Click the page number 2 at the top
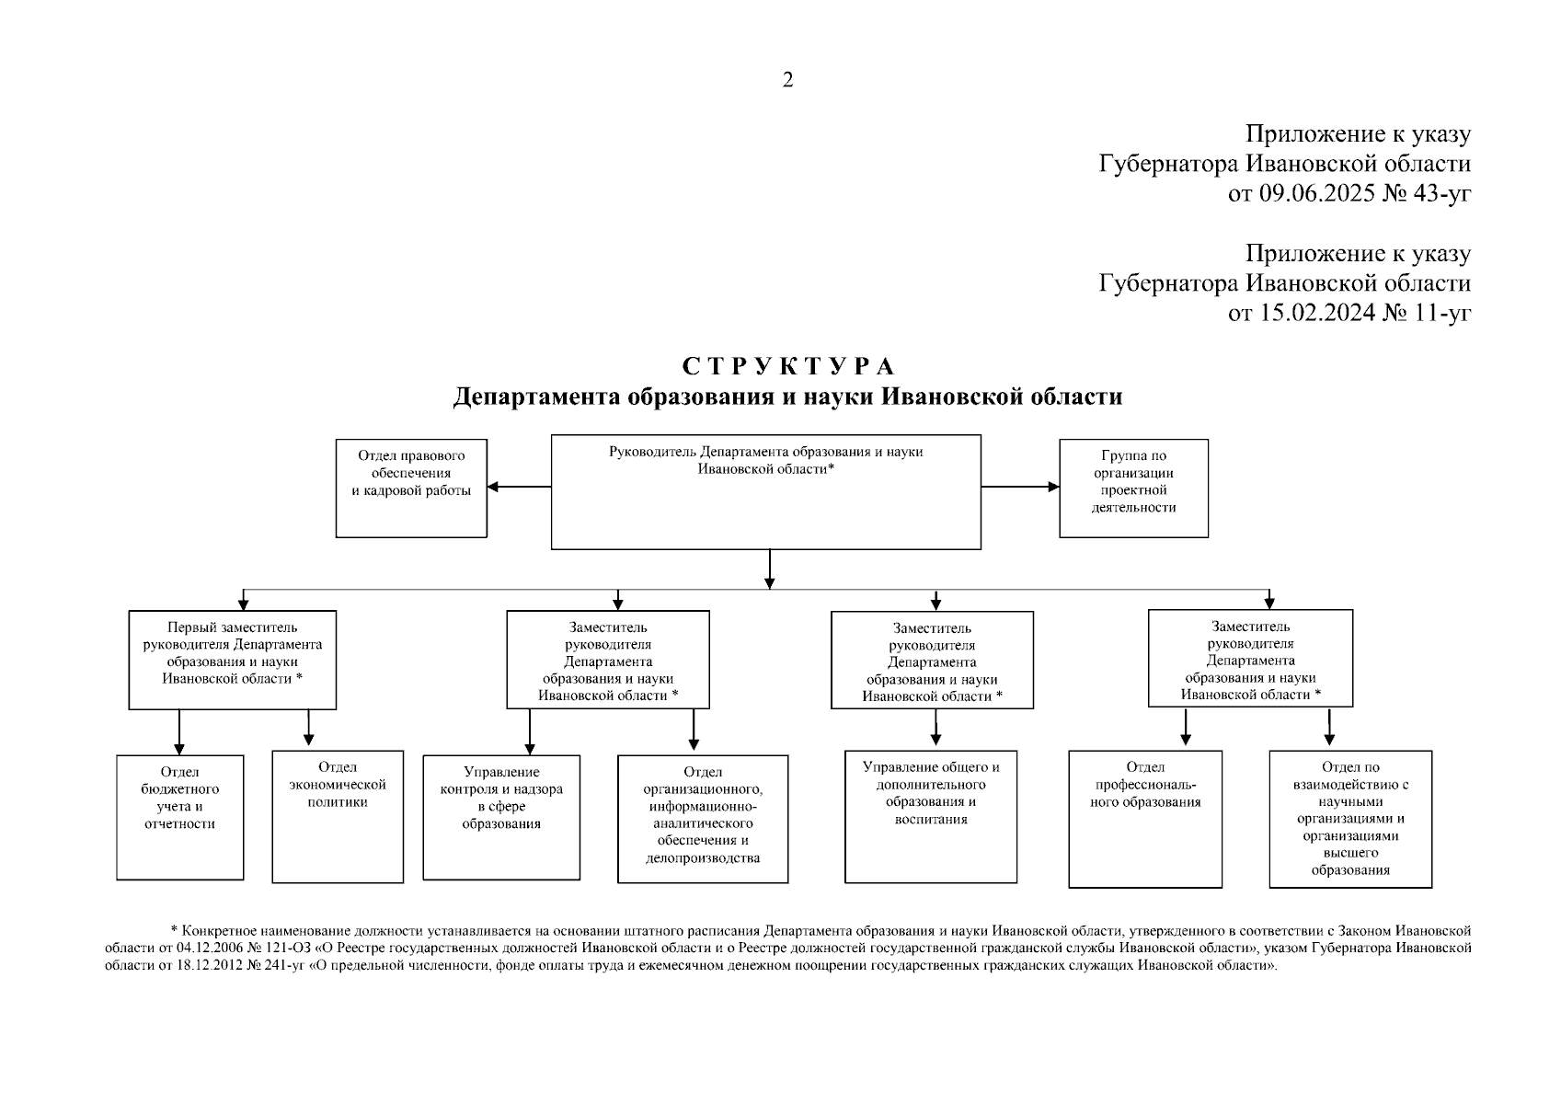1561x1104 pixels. click(x=787, y=80)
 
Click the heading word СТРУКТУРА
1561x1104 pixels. click(x=788, y=366)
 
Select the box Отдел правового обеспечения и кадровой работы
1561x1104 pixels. click(x=411, y=488)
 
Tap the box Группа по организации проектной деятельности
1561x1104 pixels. click(x=1133, y=488)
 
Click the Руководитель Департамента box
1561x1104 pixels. click(x=765, y=492)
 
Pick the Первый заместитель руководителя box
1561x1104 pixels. click(x=232, y=660)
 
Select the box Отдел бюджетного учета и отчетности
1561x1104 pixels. click(x=180, y=817)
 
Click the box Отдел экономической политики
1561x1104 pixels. click(x=338, y=816)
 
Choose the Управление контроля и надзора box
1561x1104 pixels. click(x=501, y=818)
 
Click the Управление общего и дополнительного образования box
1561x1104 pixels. click(x=931, y=816)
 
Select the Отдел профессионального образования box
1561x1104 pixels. click(x=1145, y=819)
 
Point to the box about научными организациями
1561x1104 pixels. click(x=1350, y=819)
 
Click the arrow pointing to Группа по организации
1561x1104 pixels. click(x=1020, y=487)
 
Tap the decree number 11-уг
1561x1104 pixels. click(x=1443, y=313)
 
